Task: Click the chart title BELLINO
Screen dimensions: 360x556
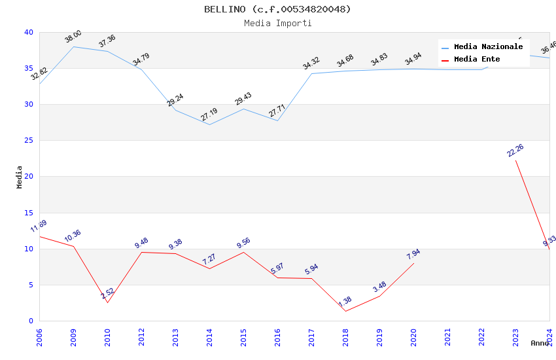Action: [x=277, y=9]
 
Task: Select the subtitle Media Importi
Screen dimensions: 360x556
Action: [x=277, y=24]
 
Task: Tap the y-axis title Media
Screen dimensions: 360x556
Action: [x=20, y=177]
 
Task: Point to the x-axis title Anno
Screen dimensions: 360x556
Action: [x=540, y=343]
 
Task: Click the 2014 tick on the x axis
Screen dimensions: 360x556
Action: [x=209, y=338]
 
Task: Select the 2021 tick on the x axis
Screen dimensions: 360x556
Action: [x=447, y=338]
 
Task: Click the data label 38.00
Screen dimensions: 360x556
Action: [x=73, y=37]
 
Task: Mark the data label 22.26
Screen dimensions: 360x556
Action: [x=515, y=151]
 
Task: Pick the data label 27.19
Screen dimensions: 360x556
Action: [x=209, y=115]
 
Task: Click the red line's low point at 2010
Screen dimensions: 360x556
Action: [x=107, y=302]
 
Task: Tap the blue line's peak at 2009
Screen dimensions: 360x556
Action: [x=73, y=46]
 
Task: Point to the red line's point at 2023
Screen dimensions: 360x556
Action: [x=515, y=160]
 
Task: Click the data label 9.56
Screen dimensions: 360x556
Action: [x=243, y=243]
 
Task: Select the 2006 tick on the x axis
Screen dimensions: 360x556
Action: [x=39, y=338]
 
